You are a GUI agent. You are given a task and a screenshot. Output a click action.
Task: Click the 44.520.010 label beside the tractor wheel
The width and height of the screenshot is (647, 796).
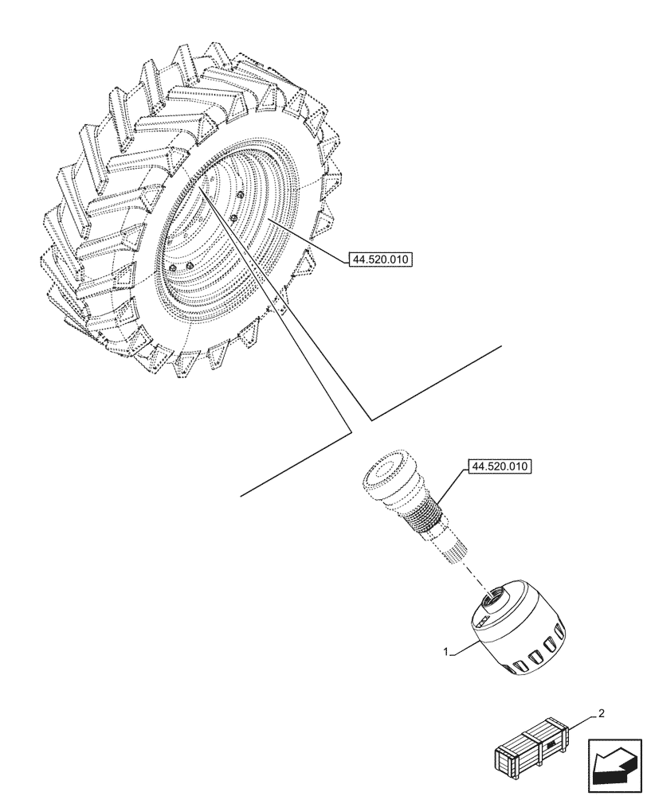[x=379, y=259]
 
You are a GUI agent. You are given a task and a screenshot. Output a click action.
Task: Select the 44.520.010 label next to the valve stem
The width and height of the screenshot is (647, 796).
[x=501, y=466]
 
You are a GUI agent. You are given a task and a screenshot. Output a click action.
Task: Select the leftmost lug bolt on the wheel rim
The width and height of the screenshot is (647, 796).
[x=171, y=269]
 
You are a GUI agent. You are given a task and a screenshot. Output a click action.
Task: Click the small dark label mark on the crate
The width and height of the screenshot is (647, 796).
[x=551, y=745]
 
